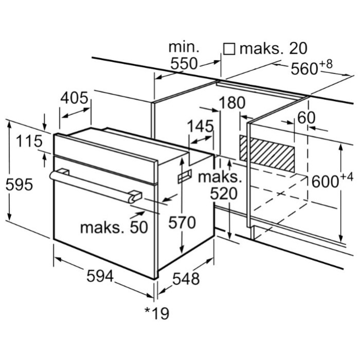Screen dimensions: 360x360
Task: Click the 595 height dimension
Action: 19,184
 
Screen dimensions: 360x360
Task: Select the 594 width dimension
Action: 99,277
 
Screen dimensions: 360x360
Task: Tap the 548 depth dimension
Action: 185,279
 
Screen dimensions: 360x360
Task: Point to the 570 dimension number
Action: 183,222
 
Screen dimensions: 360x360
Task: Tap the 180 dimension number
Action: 232,103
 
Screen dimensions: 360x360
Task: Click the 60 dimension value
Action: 305,118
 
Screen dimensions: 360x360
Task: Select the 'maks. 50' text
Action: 114,226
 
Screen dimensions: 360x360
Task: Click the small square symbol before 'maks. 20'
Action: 229,49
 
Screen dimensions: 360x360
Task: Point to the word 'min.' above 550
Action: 184,47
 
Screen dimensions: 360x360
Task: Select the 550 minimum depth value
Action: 184,64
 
